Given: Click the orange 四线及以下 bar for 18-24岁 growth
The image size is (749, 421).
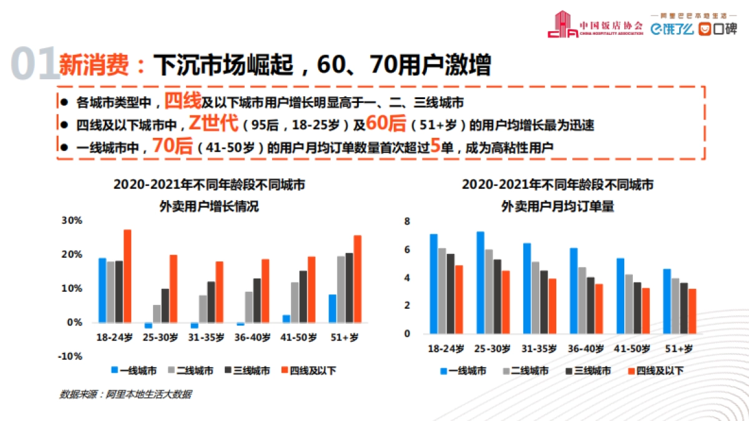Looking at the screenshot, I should (x=127, y=276).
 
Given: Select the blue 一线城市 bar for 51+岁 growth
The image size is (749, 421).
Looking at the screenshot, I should (x=333, y=308).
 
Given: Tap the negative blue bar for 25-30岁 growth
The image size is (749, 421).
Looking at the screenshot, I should (x=149, y=326).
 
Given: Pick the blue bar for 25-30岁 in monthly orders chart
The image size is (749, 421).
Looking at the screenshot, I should (x=480, y=282).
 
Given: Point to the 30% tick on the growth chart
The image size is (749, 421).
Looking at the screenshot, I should (x=72, y=221).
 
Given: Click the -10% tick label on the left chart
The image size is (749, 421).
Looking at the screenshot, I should (x=71, y=356).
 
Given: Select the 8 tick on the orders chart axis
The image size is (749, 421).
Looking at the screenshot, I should (x=407, y=221).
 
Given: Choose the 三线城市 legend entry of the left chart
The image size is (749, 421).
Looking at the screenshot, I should (x=247, y=370).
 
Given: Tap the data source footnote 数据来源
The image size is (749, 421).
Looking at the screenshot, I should (x=125, y=394).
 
